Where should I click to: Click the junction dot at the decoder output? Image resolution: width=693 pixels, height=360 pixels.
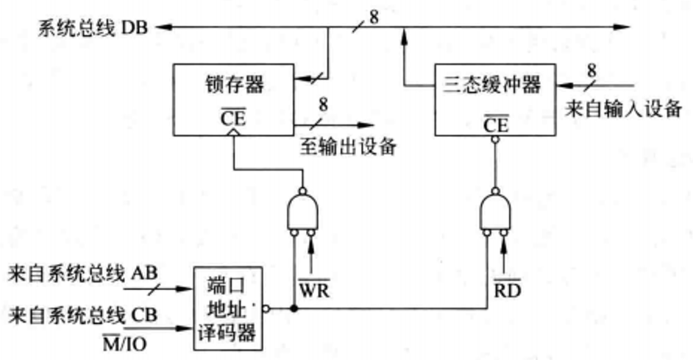294,308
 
